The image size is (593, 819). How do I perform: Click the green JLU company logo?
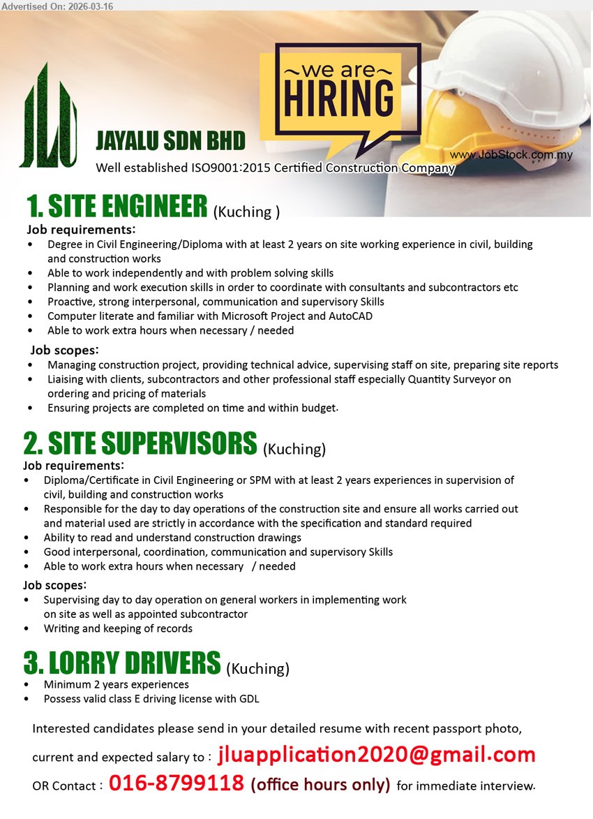pyautogui.click(x=49, y=117)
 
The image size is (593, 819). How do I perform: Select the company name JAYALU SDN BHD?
pyautogui.click(x=170, y=141)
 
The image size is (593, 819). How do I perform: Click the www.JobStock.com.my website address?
pyautogui.click(x=511, y=154)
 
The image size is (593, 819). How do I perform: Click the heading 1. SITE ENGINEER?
pyautogui.click(x=117, y=207)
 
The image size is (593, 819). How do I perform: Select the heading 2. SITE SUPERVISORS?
pyautogui.click(x=140, y=444)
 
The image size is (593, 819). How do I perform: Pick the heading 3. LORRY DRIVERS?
pyautogui.click(x=122, y=663)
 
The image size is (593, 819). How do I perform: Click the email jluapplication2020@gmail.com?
pyautogui.click(x=377, y=755)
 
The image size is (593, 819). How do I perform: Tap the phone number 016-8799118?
pyautogui.click(x=176, y=783)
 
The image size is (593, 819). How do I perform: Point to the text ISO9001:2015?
pyautogui.click(x=231, y=168)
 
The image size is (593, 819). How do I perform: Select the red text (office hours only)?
pyautogui.click(x=320, y=785)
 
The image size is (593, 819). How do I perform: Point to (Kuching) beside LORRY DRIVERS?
pyautogui.click(x=258, y=668)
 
